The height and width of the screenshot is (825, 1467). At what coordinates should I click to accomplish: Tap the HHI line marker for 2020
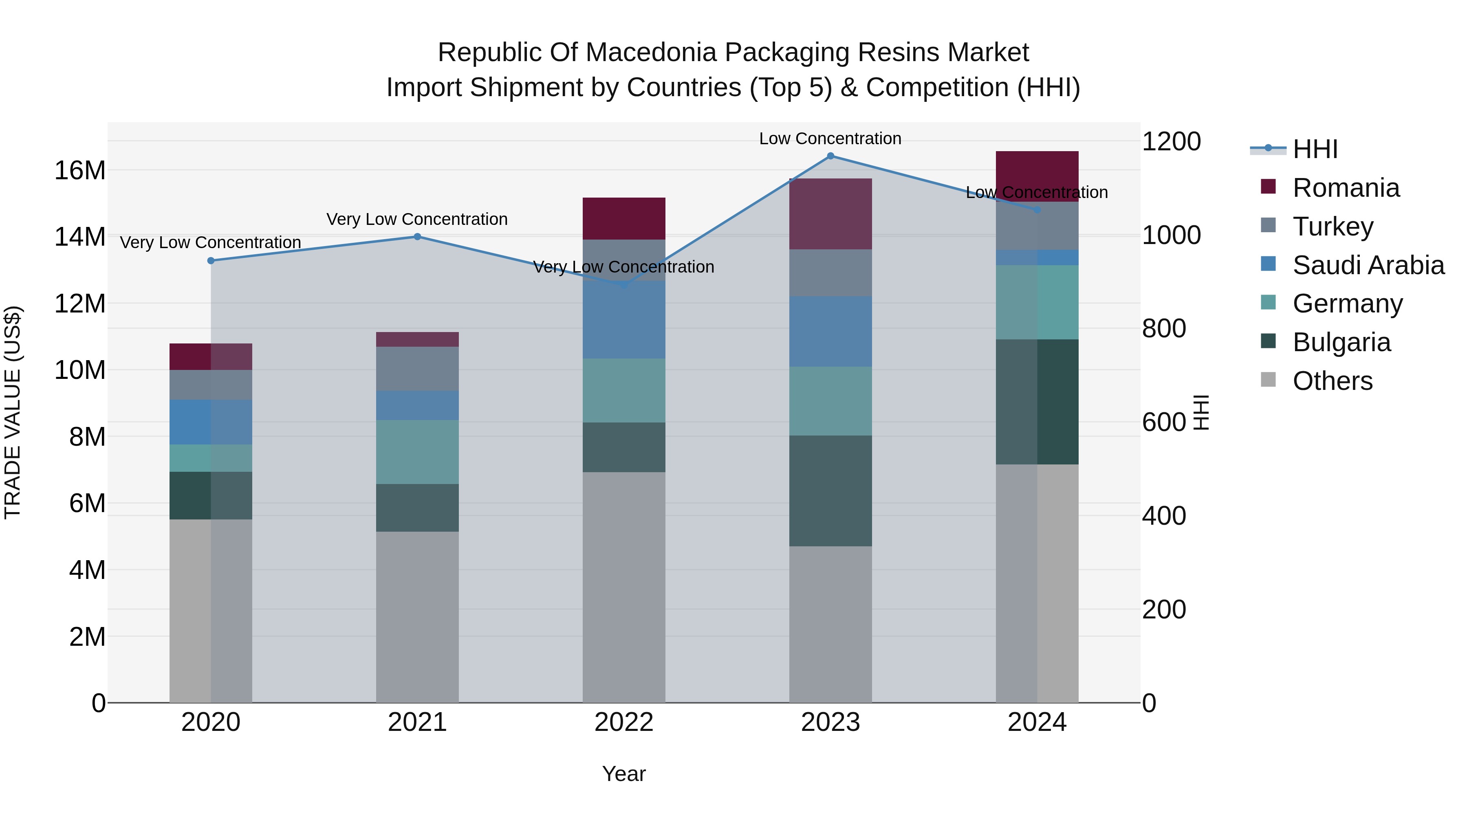coord(211,261)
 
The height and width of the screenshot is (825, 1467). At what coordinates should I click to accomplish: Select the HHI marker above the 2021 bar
coord(417,237)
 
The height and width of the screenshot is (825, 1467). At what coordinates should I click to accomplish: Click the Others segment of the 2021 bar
coord(417,617)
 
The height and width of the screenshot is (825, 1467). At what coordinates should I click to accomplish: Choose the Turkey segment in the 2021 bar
coord(417,369)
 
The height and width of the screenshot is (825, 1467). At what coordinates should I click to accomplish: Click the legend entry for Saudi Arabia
coord(1368,265)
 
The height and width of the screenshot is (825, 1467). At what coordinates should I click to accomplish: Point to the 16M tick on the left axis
coord(80,170)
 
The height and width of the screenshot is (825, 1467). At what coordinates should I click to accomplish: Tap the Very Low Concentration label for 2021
coord(417,219)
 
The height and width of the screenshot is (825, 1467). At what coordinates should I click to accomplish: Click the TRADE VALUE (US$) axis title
coord(13,412)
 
